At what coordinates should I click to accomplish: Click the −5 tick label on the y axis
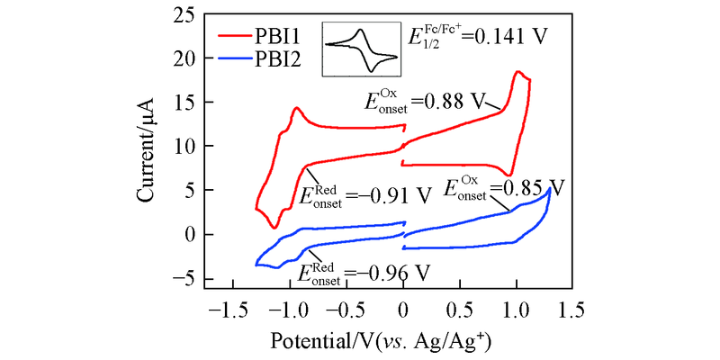181,278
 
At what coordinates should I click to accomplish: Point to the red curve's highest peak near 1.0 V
517,71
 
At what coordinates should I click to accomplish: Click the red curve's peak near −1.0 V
295,108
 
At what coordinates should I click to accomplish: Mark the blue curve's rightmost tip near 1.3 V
549,188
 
